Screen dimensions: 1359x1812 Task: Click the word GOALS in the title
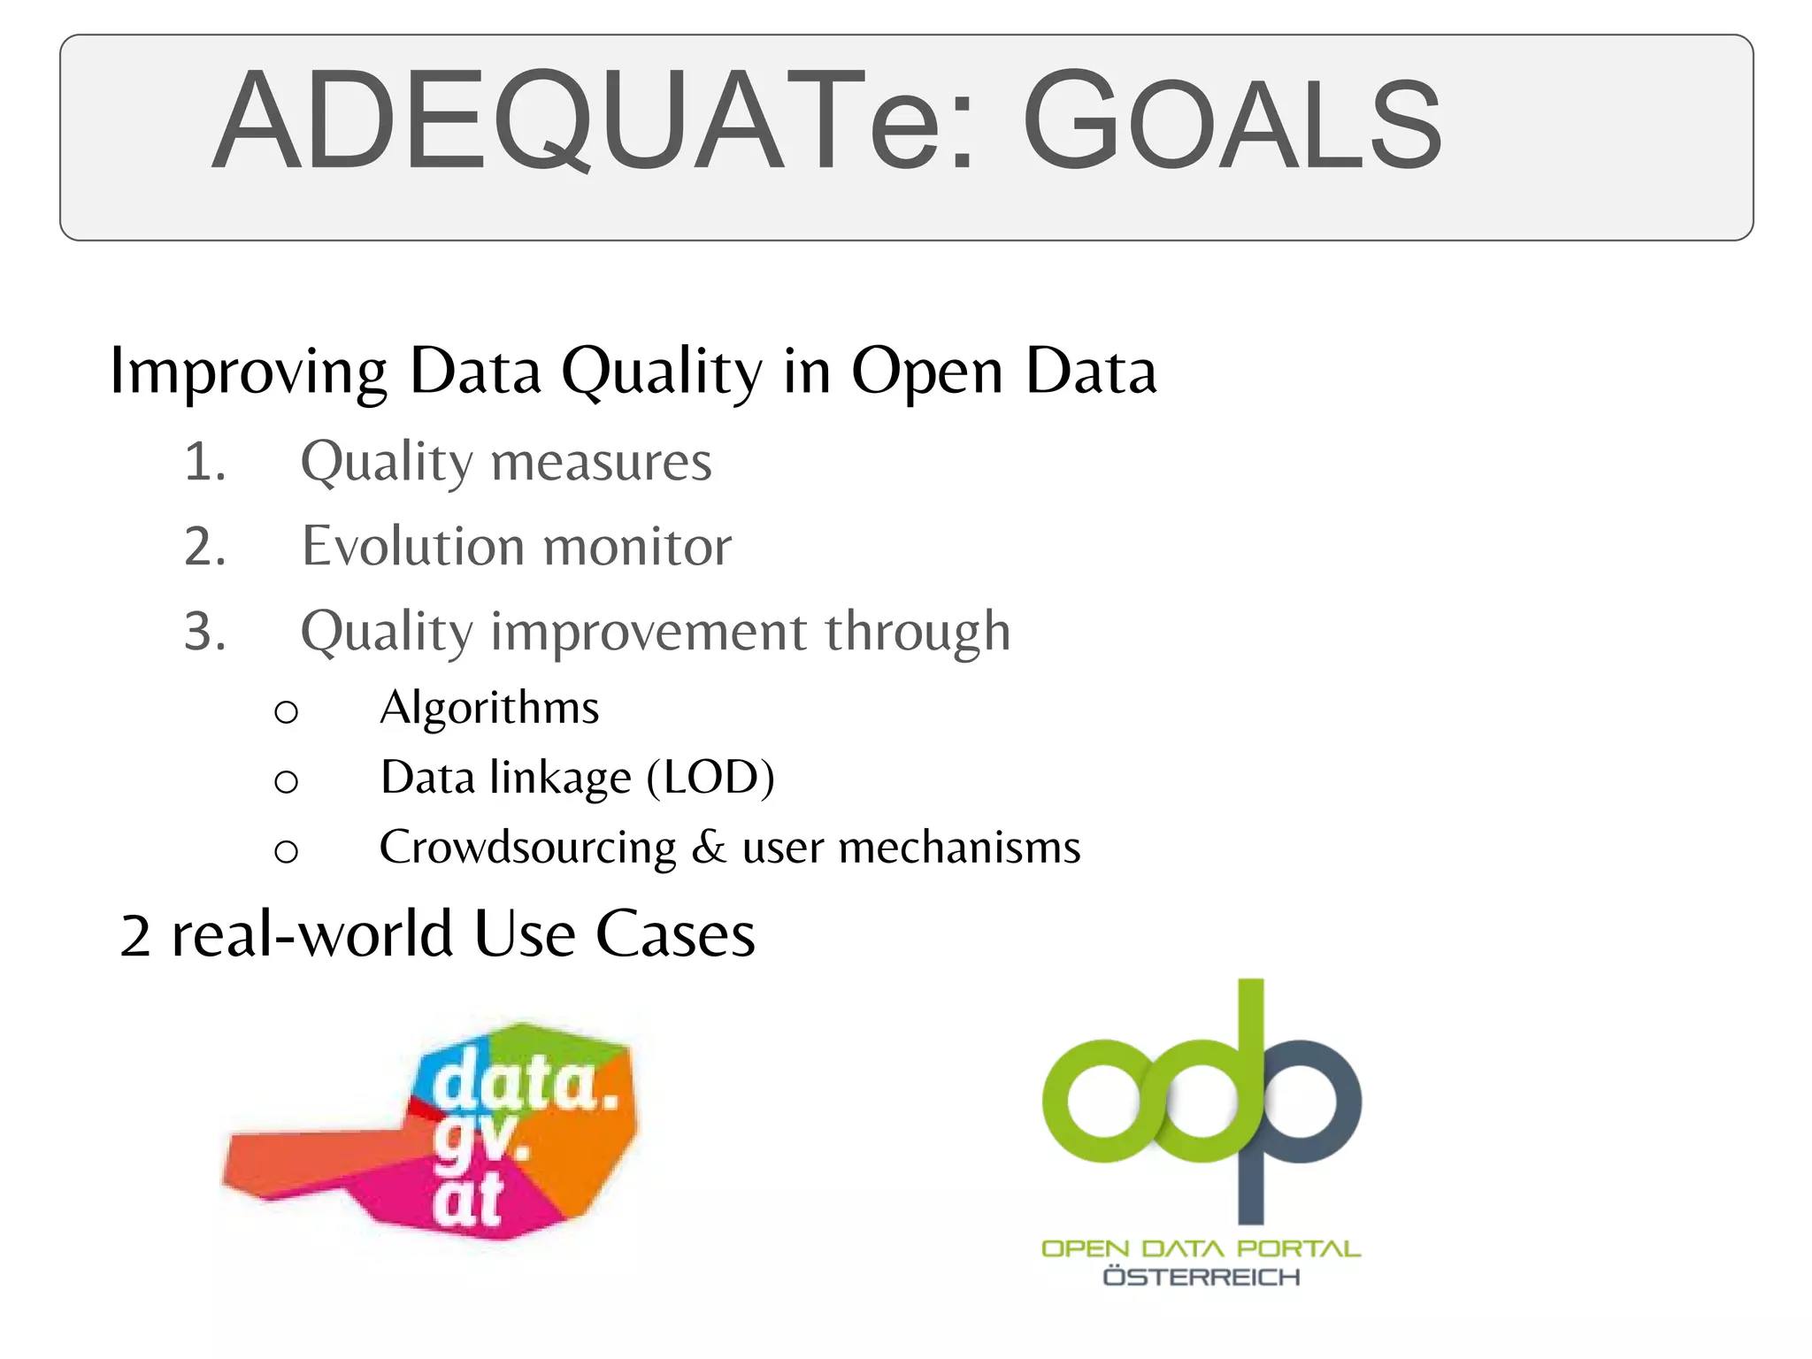point(1232,122)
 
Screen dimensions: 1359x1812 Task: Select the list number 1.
point(204,463)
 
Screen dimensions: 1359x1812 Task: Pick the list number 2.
point(204,547)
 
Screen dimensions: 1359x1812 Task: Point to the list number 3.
point(204,632)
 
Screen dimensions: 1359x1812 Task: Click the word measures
point(601,463)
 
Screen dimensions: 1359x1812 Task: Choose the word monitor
point(637,547)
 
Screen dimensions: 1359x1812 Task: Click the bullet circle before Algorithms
point(286,711)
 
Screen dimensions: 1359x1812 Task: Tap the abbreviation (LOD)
point(710,778)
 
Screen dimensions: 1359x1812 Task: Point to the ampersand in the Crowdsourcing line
point(710,848)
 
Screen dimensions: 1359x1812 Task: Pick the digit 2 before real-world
point(135,936)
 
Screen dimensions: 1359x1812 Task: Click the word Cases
point(675,934)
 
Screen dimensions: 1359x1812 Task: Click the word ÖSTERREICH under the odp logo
point(1201,1277)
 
